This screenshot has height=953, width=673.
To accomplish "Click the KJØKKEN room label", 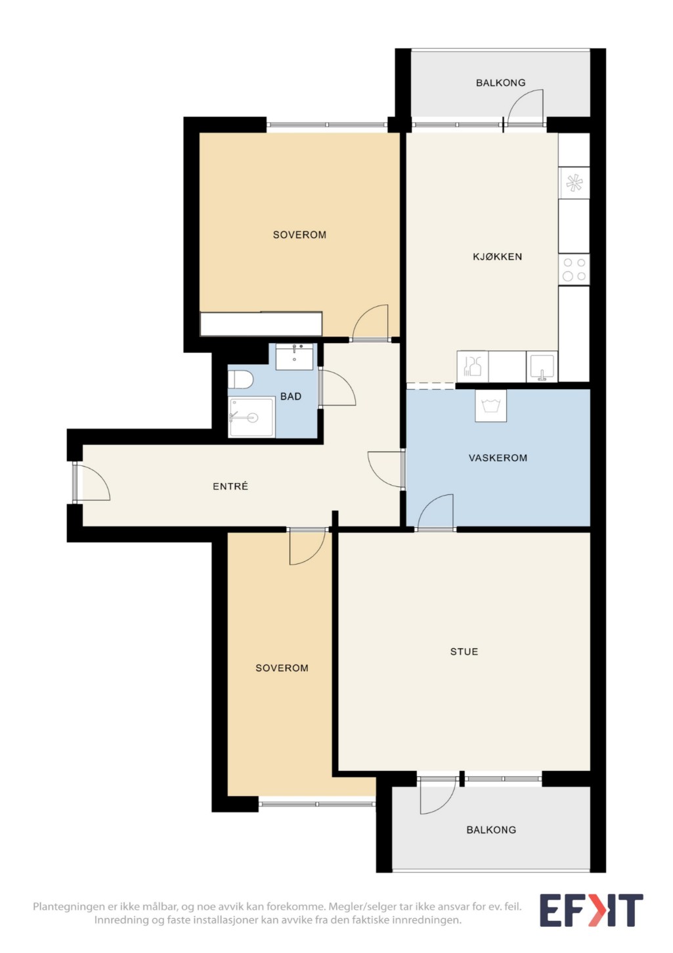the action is (497, 256).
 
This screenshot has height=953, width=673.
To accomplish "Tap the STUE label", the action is (464, 651).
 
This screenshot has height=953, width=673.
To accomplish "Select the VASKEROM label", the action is (498, 458).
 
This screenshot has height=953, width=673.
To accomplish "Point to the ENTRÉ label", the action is (230, 486).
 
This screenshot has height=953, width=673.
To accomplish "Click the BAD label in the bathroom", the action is (291, 396).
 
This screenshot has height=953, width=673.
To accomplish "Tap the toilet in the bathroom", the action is (240, 379).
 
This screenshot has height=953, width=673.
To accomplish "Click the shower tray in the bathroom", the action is (251, 417).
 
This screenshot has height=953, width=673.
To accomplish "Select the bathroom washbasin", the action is (294, 356).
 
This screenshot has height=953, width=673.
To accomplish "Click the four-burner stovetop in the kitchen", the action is (574, 269).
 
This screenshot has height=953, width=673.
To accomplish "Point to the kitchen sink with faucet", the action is (542, 366).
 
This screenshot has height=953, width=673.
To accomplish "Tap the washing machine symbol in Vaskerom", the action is (490, 406).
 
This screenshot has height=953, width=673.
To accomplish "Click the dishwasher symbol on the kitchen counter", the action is (472, 366).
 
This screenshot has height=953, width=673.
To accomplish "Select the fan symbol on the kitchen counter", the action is (574, 183).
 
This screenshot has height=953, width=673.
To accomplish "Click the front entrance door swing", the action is (92, 482).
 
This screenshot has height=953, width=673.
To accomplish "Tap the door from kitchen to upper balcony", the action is (524, 108).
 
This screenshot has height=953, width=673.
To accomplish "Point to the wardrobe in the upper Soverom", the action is (261, 324).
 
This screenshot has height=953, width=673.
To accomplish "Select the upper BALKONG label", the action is (500, 83).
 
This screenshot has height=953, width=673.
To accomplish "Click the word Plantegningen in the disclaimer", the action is (68, 906).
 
